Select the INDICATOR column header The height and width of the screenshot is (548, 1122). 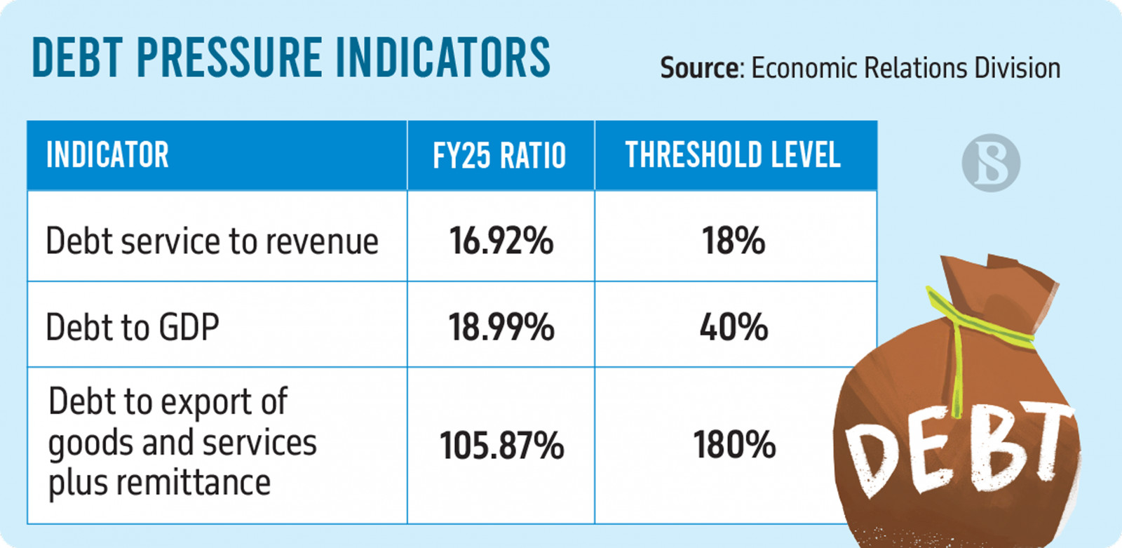[107, 155]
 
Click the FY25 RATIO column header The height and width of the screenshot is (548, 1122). [499, 155]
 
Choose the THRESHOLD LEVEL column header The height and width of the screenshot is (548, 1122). [733, 155]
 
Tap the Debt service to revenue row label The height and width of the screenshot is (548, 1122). [212, 241]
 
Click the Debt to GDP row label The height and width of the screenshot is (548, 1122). [133, 327]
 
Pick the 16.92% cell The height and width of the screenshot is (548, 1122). [501, 241]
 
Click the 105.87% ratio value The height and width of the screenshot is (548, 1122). [501, 446]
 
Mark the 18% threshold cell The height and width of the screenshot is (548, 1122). [734, 241]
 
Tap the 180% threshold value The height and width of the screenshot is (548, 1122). [734, 446]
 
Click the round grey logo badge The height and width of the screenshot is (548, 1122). [991, 163]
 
